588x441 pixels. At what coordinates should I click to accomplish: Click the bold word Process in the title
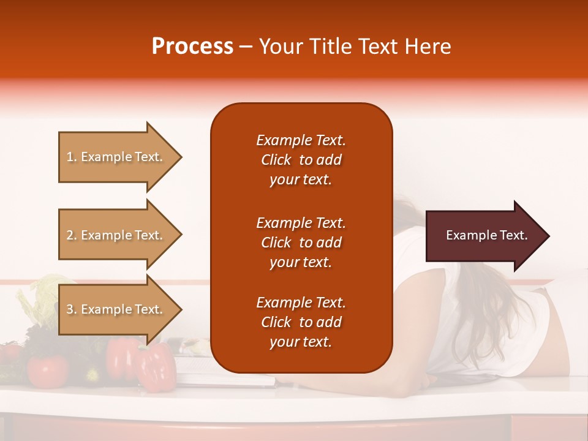192,47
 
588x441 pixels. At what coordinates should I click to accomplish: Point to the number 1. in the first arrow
72,157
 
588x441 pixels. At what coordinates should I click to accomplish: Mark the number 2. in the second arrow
72,235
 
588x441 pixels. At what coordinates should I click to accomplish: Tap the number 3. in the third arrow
72,309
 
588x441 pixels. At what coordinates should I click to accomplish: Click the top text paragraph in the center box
301,160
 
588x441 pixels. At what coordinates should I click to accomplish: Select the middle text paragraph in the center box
301,243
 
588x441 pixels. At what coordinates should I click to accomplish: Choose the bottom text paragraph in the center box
301,322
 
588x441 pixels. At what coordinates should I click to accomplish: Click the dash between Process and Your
246,47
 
